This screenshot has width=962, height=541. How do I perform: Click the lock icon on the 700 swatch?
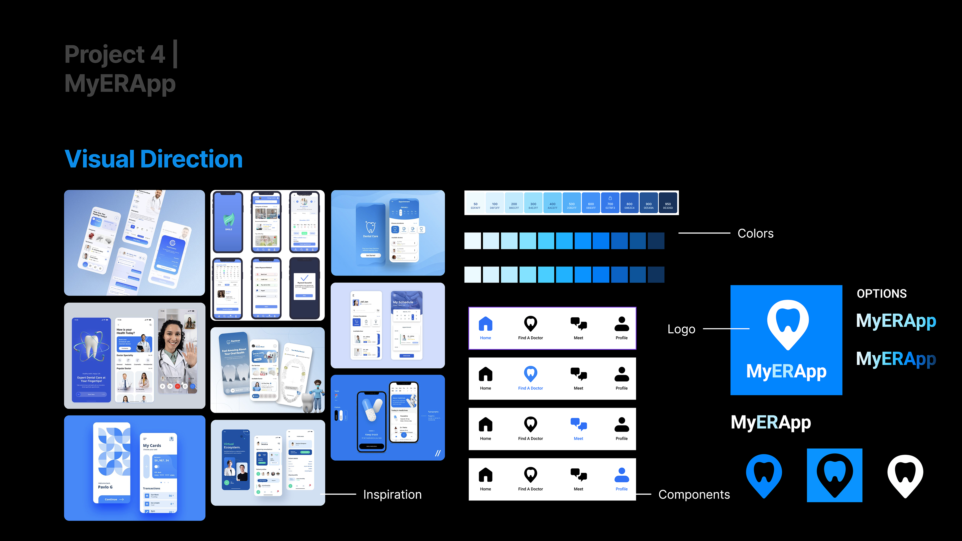[610, 198]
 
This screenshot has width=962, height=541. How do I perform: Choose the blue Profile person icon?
[621, 475]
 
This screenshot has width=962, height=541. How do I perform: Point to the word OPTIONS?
[881, 294]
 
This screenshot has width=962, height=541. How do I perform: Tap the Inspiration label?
[392, 494]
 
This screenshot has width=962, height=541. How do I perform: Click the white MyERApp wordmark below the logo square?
[770, 423]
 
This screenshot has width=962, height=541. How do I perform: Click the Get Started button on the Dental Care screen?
[371, 255]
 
